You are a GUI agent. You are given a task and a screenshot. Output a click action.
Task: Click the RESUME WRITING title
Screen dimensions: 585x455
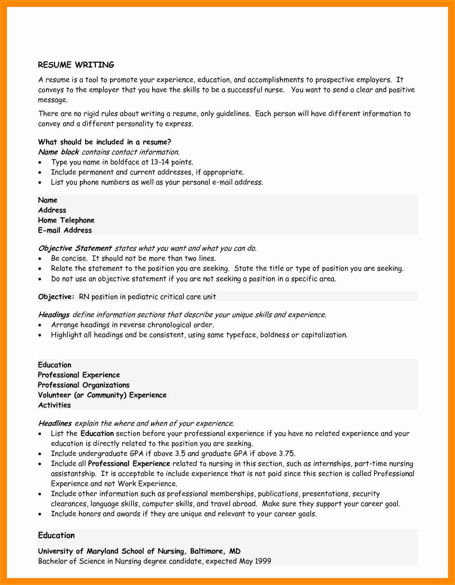point(76,65)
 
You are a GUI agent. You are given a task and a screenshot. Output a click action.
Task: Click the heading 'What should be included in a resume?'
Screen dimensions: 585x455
point(104,142)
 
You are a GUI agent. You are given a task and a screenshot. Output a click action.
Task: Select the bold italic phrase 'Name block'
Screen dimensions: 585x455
point(58,152)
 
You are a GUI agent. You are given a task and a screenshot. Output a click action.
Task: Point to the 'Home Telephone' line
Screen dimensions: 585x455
point(66,220)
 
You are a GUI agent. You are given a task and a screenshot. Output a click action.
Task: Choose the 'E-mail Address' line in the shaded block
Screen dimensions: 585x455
point(65,230)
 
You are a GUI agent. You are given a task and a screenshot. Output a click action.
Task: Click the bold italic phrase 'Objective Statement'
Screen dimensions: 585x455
point(75,248)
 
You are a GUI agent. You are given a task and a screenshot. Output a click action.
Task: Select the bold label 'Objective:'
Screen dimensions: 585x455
point(56,297)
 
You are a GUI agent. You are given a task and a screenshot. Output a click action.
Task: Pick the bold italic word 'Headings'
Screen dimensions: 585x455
point(54,315)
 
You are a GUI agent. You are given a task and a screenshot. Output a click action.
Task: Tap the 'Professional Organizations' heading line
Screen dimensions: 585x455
point(83,385)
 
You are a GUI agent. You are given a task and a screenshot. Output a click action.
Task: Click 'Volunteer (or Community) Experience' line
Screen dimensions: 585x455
point(102,395)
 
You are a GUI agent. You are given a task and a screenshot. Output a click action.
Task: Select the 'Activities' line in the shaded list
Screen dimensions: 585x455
point(54,405)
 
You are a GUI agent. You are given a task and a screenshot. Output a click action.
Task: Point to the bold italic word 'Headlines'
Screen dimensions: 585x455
point(55,423)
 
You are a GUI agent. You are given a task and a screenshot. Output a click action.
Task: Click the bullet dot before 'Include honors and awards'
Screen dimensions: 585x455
point(41,514)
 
